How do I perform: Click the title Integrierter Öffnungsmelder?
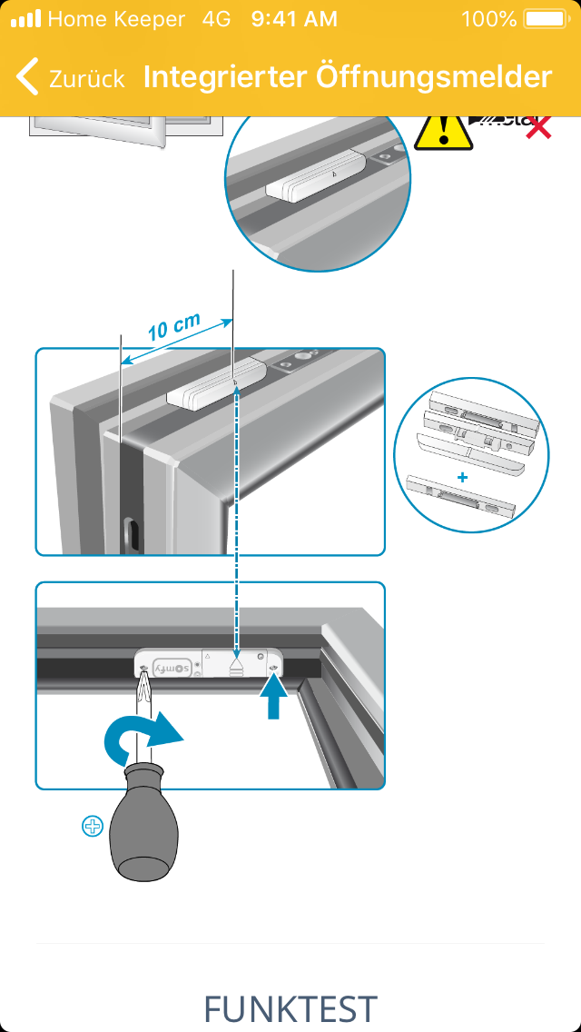pyautogui.click(x=348, y=76)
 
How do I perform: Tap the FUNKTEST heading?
pyautogui.click(x=290, y=1008)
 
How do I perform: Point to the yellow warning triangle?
pyautogui.click(x=442, y=132)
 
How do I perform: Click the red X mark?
pyautogui.click(x=539, y=127)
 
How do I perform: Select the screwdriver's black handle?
pyautogui.click(x=144, y=827)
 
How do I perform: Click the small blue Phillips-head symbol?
pyautogui.click(x=93, y=826)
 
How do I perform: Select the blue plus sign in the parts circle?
pyautogui.click(x=462, y=477)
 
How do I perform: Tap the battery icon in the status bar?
pyautogui.click(x=545, y=18)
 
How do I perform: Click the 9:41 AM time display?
pyautogui.click(x=293, y=18)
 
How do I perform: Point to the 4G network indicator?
pyautogui.click(x=218, y=18)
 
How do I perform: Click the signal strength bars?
pyautogui.click(x=25, y=18)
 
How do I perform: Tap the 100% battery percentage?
pyautogui.click(x=488, y=18)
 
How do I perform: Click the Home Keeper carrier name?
pyautogui.click(x=115, y=18)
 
